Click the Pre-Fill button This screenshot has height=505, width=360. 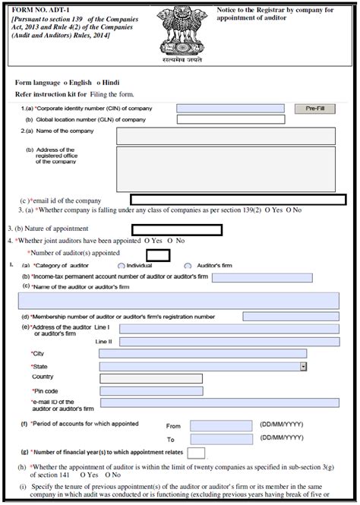coord(314,109)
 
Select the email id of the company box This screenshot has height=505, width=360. coord(238,199)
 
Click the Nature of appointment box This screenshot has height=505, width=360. coord(177,229)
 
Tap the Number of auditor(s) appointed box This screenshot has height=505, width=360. coord(157,254)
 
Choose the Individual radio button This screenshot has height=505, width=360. coord(122,266)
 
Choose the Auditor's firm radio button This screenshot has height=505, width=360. coord(188,266)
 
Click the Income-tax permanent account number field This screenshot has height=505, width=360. coord(251,278)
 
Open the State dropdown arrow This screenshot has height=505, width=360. coord(303,366)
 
